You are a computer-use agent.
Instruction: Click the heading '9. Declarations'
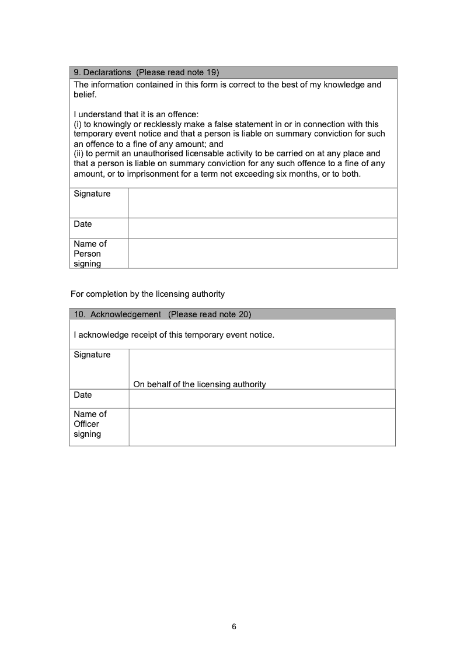pyautogui.click(x=102, y=72)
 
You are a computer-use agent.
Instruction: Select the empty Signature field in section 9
pyautogui.click(x=263, y=203)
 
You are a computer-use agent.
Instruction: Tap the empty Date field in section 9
pyautogui.click(x=263, y=228)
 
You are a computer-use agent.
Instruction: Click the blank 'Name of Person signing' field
pyautogui.click(x=263, y=253)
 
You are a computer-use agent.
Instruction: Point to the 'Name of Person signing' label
pyautogui.click(x=90, y=254)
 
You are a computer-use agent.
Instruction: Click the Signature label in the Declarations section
pyautogui.click(x=92, y=194)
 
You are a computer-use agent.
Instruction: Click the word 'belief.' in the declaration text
pyautogui.click(x=85, y=94)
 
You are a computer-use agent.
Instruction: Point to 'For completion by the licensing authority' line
pyautogui.click(x=147, y=294)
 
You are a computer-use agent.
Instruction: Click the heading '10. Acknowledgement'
pyautogui.click(x=117, y=314)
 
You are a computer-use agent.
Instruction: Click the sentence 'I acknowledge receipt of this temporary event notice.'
pyautogui.click(x=174, y=335)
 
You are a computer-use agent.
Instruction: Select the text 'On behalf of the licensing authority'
pyautogui.click(x=199, y=384)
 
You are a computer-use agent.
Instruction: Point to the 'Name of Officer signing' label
pyautogui.click(x=90, y=424)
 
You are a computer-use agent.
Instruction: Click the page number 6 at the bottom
pyautogui.click(x=234, y=627)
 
